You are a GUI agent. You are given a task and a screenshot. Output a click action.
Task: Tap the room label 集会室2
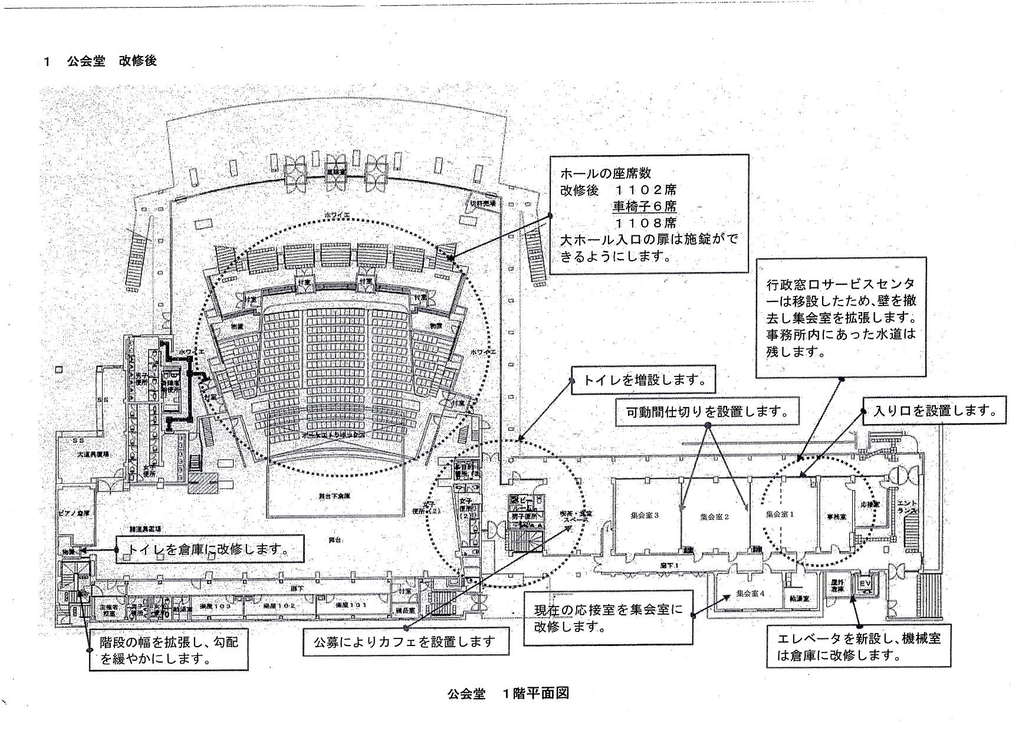[715, 516]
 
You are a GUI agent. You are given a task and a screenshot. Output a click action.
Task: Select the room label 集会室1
[780, 514]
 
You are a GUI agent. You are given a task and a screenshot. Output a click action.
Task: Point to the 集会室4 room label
[750, 594]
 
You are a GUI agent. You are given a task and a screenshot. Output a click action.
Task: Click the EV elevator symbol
[865, 584]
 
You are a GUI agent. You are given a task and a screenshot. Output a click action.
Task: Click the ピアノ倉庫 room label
[74, 513]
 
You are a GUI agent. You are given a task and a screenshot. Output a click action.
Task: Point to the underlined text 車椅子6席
[645, 206]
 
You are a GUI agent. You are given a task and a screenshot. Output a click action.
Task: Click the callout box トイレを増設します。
[643, 380]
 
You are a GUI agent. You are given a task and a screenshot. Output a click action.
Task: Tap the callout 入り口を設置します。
[934, 411]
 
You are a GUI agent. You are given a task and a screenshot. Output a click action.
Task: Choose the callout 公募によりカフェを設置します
[406, 642]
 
